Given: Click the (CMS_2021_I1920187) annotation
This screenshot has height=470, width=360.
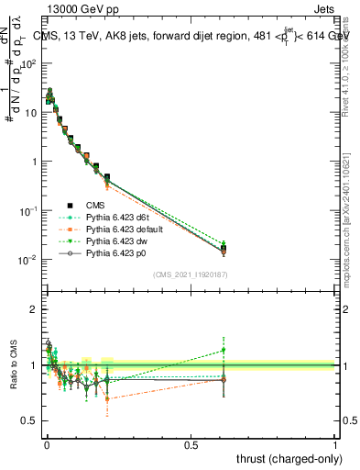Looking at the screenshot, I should [190, 274].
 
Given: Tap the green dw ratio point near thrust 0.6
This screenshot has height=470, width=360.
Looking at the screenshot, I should [224, 350].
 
